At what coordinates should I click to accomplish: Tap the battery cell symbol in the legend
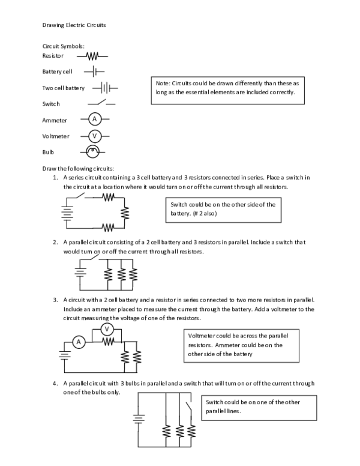tap(94, 72)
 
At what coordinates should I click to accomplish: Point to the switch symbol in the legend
tap(102, 103)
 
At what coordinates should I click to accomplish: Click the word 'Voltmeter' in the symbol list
tap(55, 136)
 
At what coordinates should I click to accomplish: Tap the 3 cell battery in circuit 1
tap(67, 213)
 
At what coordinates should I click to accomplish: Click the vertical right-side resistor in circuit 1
tap(125, 213)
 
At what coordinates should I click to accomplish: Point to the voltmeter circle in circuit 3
tap(106, 328)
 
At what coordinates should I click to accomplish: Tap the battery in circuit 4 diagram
tap(139, 419)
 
